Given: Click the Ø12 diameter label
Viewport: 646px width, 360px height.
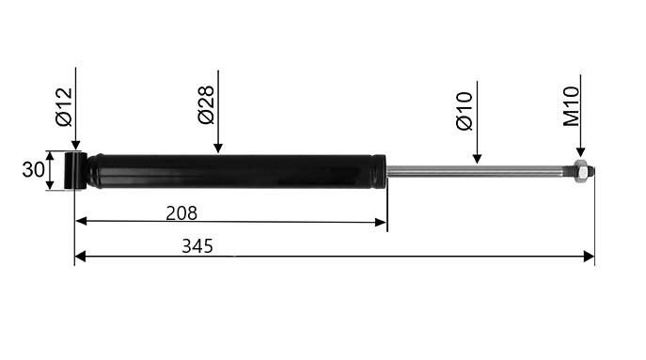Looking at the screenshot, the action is [x=64, y=107].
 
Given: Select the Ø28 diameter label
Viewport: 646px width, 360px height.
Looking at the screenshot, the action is [x=206, y=104].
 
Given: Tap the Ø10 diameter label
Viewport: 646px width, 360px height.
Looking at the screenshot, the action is [x=465, y=111].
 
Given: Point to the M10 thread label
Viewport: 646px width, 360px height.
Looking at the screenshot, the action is [x=572, y=106].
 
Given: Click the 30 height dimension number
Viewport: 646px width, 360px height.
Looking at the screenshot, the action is [x=33, y=170].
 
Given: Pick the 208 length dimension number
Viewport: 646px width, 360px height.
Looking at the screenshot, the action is [x=181, y=213].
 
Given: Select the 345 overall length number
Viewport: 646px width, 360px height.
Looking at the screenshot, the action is [x=197, y=246].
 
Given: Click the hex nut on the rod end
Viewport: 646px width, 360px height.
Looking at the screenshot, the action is [x=580, y=171].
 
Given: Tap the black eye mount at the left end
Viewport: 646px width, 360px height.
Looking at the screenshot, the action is [x=75, y=170].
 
